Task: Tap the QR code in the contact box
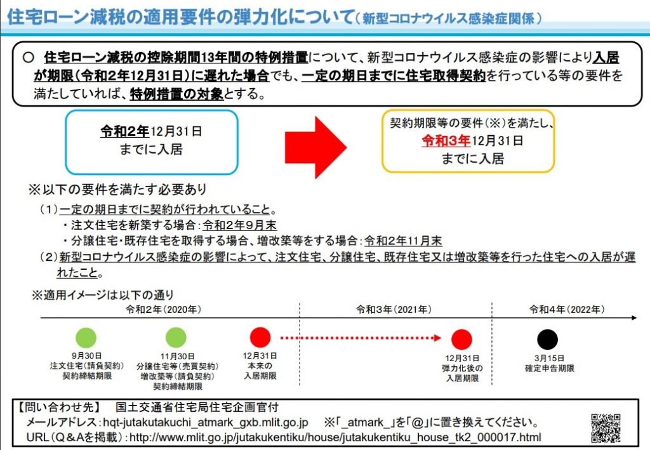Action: click(x=606, y=428)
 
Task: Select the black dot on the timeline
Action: click(x=548, y=339)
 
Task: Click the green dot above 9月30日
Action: click(x=86, y=337)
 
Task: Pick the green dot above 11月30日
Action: click(x=176, y=337)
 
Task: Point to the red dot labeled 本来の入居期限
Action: click(x=260, y=337)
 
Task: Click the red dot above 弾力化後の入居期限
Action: click(x=462, y=339)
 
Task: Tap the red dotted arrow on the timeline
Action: click(x=361, y=338)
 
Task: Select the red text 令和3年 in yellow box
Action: click(x=446, y=141)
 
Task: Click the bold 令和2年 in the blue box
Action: click(x=124, y=131)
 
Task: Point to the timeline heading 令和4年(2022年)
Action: click(x=567, y=309)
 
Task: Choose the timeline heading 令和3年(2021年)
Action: click(x=394, y=309)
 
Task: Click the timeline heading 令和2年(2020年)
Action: click(x=163, y=309)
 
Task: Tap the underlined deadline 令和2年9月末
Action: click(x=239, y=225)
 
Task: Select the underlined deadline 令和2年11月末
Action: click(x=403, y=241)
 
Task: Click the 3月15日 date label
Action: click(x=549, y=358)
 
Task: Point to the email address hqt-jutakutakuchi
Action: click(x=206, y=422)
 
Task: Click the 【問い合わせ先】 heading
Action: click(x=58, y=407)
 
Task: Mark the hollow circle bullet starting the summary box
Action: click(x=28, y=57)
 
